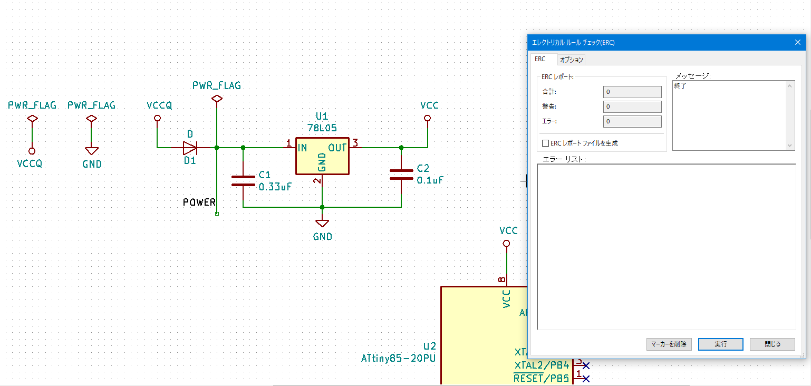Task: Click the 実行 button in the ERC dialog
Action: point(720,344)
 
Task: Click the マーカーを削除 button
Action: point(669,344)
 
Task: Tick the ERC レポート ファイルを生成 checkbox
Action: point(545,143)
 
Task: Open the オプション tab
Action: point(571,60)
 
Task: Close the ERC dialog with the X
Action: point(798,42)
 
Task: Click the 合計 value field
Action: point(632,92)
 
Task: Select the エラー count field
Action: point(632,121)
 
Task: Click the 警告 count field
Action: point(632,107)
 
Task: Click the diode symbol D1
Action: point(190,148)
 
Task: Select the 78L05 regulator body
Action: point(322,156)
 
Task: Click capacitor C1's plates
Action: point(243,181)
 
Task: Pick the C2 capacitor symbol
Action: point(401,174)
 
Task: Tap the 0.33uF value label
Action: point(275,187)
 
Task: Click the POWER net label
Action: point(199,202)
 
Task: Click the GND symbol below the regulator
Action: point(322,223)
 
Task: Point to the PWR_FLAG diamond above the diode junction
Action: point(217,99)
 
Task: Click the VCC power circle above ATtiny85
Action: point(507,243)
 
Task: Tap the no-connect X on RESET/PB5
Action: point(586,379)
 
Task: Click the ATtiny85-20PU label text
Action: point(398,358)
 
